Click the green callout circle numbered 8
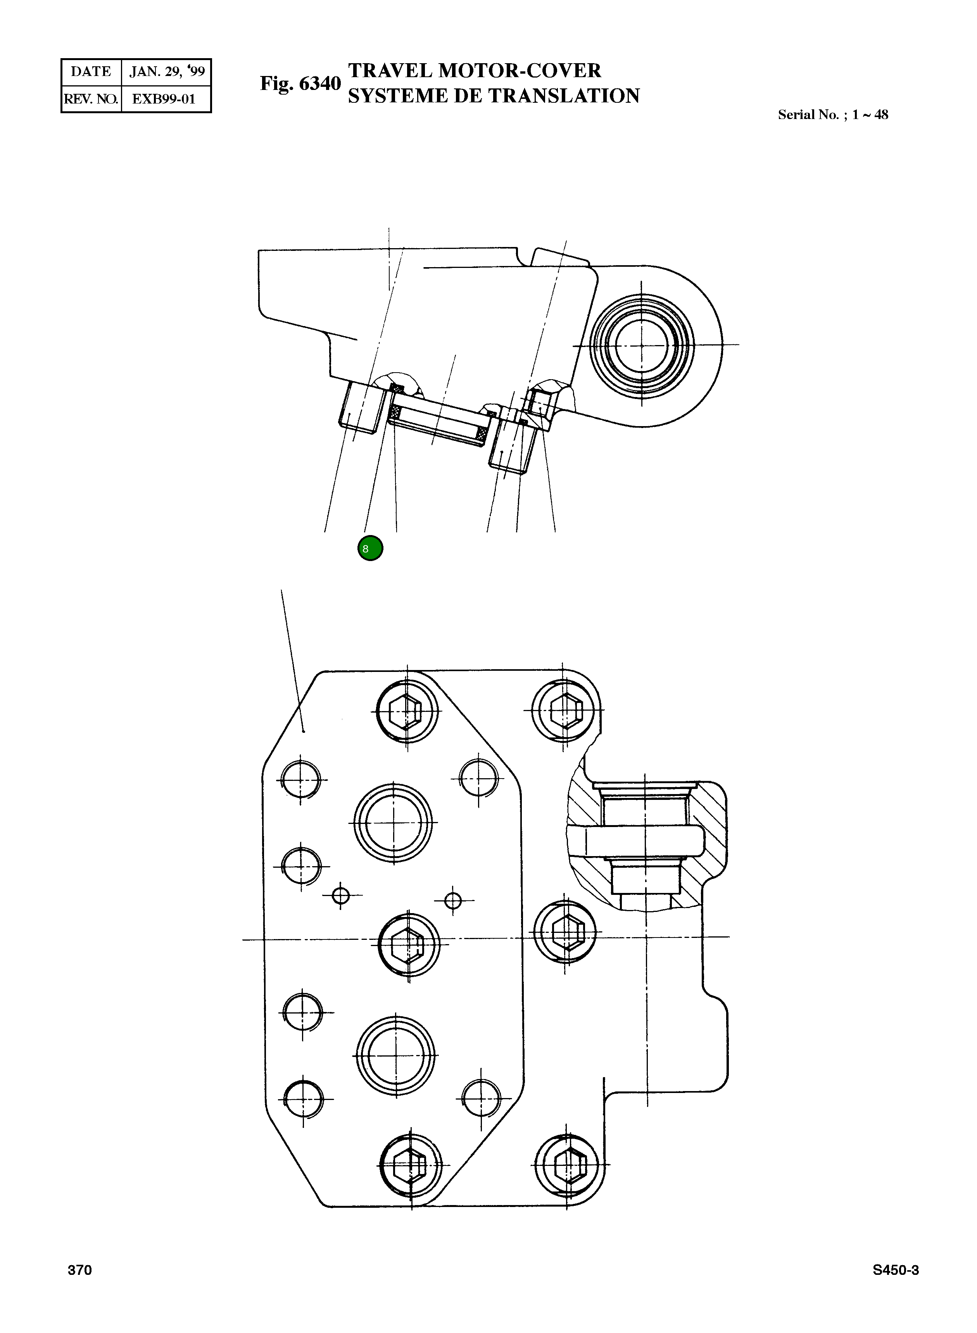[370, 548]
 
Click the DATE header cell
[91, 72]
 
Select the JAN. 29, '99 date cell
[167, 72]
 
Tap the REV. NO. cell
[91, 99]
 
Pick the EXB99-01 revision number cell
[164, 99]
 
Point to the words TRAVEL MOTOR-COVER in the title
[474, 71]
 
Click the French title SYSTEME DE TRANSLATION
[493, 96]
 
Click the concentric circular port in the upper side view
[642, 345]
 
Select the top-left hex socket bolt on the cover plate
[407, 711]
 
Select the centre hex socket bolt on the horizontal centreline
[409, 944]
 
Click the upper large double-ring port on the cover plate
[393, 823]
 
